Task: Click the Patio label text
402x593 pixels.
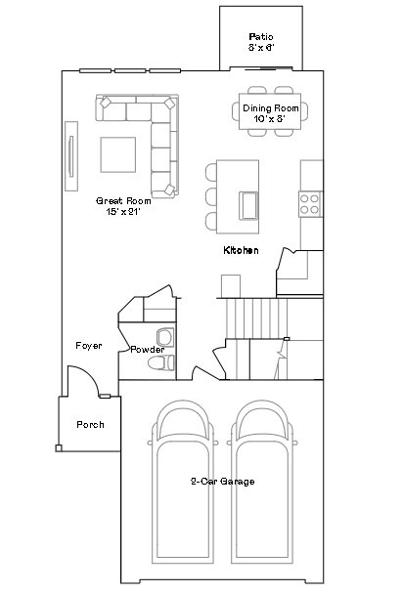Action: coord(261,36)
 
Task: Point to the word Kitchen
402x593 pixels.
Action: coord(241,251)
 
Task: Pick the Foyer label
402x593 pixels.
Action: coord(89,346)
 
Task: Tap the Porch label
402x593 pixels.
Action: coord(90,425)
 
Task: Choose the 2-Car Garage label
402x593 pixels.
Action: coord(222,481)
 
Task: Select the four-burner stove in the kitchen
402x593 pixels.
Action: coord(310,204)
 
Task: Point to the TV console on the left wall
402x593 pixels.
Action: coord(71,155)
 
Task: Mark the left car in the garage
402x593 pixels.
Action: coord(184,479)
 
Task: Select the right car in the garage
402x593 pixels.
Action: coord(261,479)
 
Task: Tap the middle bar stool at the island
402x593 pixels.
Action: coord(211,194)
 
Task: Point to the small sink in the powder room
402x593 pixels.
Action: coord(163,338)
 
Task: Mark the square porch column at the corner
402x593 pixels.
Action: coord(58,447)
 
